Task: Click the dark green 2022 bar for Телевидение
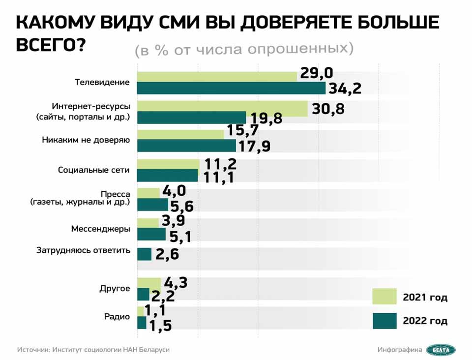point(231,88)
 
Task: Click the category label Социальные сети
point(94,170)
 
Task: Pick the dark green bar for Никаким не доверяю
point(186,146)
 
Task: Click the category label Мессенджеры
point(101,229)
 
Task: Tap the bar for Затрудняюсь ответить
point(144,254)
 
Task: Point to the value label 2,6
point(167,254)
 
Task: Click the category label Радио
point(117,317)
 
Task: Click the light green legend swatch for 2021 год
point(384,297)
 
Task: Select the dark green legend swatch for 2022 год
point(384,321)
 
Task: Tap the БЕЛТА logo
point(441,350)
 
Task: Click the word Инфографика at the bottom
point(400,350)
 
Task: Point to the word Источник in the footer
point(32,350)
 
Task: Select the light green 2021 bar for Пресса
point(148,193)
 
